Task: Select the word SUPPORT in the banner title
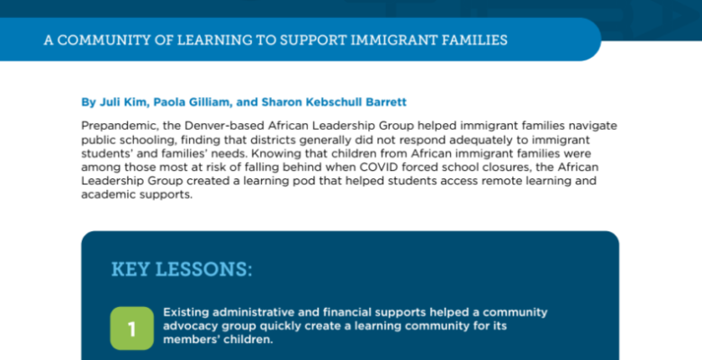pos(313,40)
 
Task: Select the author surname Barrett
pos(386,102)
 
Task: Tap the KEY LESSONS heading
pos(182,269)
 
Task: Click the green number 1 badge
pos(131,328)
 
